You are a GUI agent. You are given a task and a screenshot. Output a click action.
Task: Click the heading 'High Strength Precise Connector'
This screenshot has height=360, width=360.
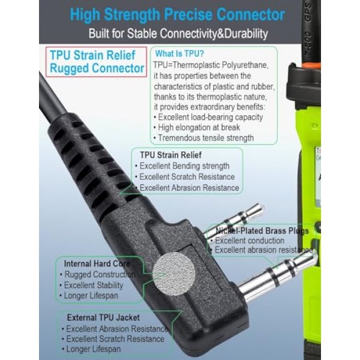(x=177, y=14)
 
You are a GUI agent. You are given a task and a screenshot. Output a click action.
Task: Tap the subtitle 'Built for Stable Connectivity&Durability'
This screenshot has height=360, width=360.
(x=178, y=34)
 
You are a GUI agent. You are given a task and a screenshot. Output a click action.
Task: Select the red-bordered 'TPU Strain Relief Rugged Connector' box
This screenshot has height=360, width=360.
(x=96, y=62)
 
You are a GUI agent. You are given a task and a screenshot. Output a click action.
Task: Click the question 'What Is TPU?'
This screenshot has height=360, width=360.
(x=179, y=54)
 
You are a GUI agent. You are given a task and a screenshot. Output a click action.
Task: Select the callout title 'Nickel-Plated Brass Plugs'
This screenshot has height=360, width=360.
(x=262, y=231)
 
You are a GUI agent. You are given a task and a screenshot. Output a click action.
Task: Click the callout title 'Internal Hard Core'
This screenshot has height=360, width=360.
(x=97, y=263)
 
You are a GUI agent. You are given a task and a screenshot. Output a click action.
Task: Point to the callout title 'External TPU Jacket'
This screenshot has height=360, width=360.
(x=103, y=317)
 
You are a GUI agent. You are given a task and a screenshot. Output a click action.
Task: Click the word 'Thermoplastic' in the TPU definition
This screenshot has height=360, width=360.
(x=194, y=65)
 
